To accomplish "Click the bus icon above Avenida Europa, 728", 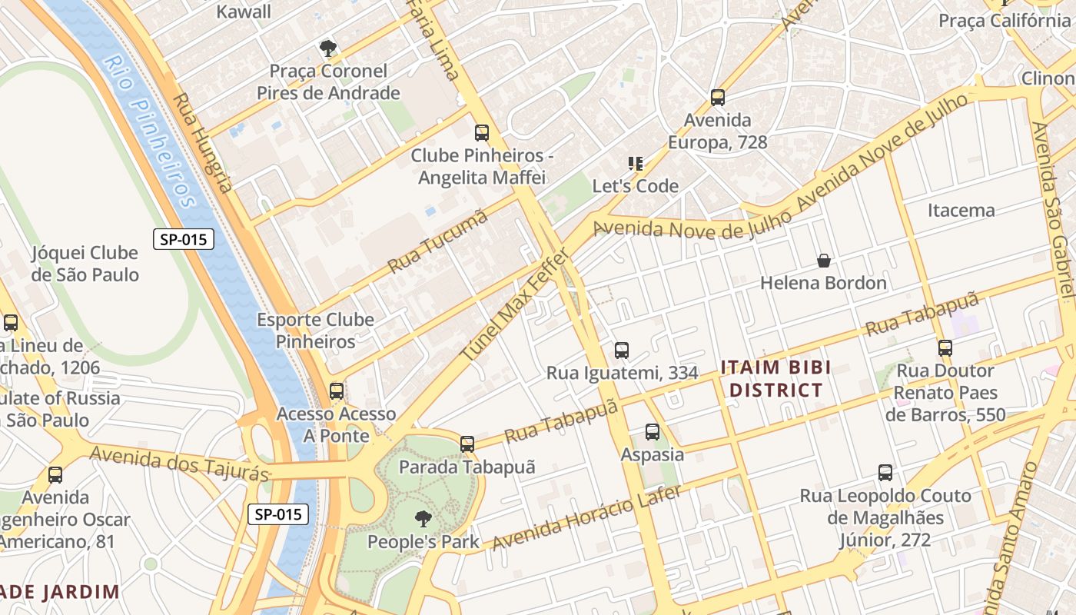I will pyautogui.click(x=717, y=98).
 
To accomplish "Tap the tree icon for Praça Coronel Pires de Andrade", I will pyautogui.click(x=328, y=49).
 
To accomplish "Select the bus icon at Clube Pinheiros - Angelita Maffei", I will pyautogui.click(x=482, y=133).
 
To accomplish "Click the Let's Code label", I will pyautogui.click(x=635, y=186).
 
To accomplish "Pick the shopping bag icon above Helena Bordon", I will pyautogui.click(x=824, y=261).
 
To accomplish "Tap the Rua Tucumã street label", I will pyautogui.click(x=438, y=241).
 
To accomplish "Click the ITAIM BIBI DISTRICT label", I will pyautogui.click(x=776, y=378).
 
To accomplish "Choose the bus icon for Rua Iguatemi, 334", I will pyautogui.click(x=622, y=351).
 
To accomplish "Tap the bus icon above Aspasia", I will pyautogui.click(x=653, y=432).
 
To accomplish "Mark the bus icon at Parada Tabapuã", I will pyautogui.click(x=467, y=444).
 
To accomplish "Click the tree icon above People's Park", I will pyautogui.click(x=422, y=519).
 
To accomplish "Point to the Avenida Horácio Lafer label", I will pyautogui.click(x=586, y=518).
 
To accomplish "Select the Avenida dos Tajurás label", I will pyautogui.click(x=181, y=464).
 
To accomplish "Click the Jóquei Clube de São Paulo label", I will pyautogui.click(x=85, y=264).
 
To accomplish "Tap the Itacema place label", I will pyautogui.click(x=961, y=210).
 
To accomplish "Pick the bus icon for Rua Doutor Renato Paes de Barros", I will pyautogui.click(x=945, y=348).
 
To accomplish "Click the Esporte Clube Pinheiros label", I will pyautogui.click(x=315, y=331).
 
